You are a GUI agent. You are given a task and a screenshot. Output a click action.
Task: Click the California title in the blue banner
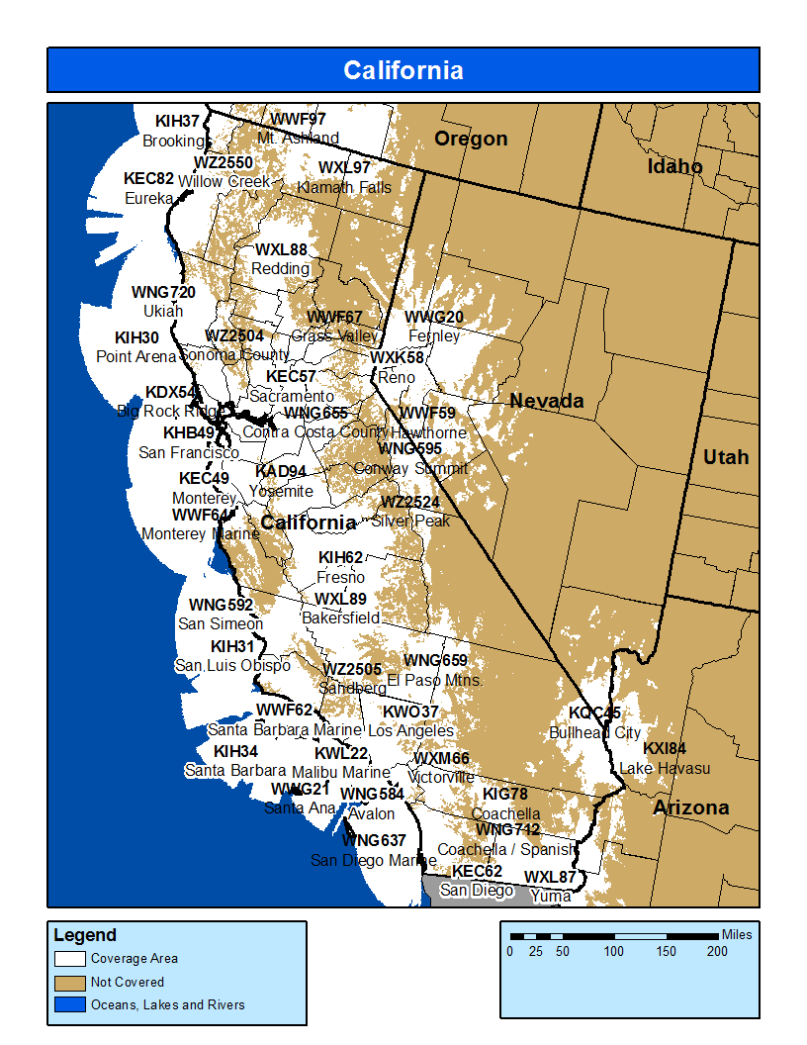pyautogui.click(x=403, y=70)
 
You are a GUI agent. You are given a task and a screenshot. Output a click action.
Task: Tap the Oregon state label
pyautogui.click(x=471, y=139)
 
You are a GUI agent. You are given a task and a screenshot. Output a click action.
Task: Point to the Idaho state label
pyautogui.click(x=674, y=166)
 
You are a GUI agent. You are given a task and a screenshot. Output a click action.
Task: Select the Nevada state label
pyautogui.click(x=546, y=401)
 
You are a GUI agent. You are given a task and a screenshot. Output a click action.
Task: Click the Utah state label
pyautogui.click(x=725, y=457)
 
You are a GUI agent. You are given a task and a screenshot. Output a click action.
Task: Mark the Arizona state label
pyautogui.click(x=690, y=807)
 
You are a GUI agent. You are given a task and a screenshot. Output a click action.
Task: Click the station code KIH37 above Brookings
pyautogui.click(x=177, y=122)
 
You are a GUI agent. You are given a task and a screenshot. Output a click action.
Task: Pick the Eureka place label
pyautogui.click(x=148, y=198)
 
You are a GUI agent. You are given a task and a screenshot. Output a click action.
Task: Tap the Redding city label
pyautogui.click(x=280, y=268)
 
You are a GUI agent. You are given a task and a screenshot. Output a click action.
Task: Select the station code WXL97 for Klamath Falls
pyautogui.click(x=344, y=168)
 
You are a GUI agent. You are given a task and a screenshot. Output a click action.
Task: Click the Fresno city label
pyautogui.click(x=340, y=577)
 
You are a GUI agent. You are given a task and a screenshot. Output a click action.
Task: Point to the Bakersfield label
pyautogui.click(x=340, y=617)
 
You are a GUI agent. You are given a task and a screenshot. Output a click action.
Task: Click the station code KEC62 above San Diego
pyautogui.click(x=477, y=872)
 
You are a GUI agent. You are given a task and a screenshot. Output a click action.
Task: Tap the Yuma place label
pyautogui.click(x=550, y=896)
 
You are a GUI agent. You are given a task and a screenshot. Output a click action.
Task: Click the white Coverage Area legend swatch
pyautogui.click(x=69, y=958)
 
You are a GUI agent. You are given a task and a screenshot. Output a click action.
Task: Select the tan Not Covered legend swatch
pyautogui.click(x=69, y=982)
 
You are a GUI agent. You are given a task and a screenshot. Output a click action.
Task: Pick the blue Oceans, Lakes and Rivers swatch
pyautogui.click(x=69, y=1004)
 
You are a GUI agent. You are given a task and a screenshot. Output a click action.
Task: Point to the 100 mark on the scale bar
pyautogui.click(x=614, y=951)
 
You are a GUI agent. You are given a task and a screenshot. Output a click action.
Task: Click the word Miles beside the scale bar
pyautogui.click(x=737, y=934)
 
